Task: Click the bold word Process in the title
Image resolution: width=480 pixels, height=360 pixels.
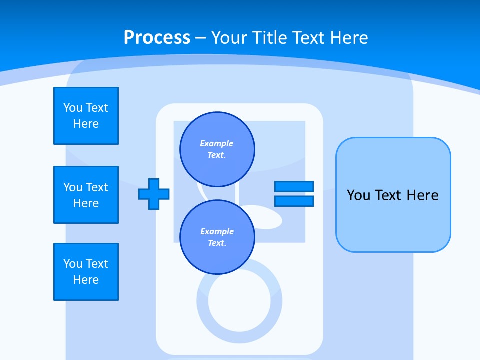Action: tap(157, 38)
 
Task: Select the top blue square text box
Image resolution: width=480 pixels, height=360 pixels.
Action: tap(86, 116)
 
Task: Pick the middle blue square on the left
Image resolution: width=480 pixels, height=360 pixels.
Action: tap(86, 195)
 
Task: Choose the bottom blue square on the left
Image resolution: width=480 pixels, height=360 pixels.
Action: tap(86, 272)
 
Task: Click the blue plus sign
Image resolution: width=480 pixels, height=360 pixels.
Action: tap(154, 194)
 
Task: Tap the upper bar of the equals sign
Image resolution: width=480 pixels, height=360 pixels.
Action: tap(294, 186)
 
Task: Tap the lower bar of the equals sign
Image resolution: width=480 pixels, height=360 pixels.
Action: tap(294, 201)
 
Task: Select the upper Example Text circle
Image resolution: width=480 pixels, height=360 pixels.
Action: tap(217, 149)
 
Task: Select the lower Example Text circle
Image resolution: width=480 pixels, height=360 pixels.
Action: tap(217, 237)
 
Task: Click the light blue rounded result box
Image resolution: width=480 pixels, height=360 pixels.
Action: tap(393, 195)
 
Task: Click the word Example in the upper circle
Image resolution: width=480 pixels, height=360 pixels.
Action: tap(216, 143)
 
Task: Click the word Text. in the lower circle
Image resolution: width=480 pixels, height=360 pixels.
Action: tap(217, 243)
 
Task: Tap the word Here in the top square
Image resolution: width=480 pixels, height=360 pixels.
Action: tap(86, 124)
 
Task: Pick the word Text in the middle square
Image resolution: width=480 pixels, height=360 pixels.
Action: tap(97, 187)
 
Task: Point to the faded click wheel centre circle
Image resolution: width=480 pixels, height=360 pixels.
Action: tap(239, 300)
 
